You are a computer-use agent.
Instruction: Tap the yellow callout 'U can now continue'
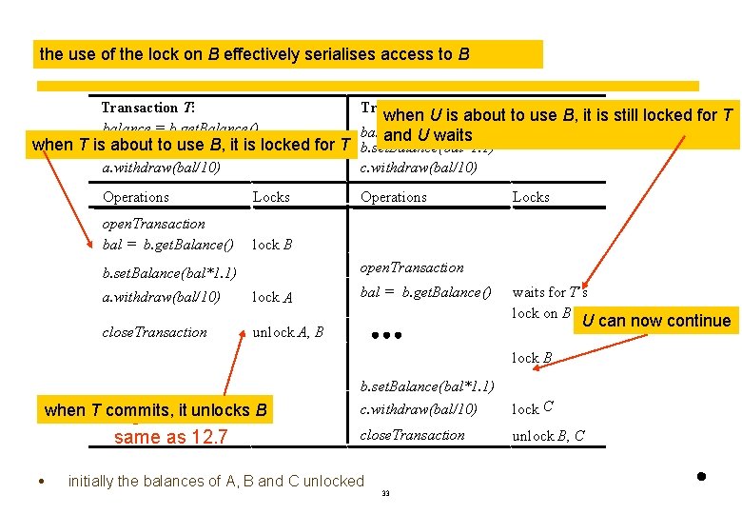[x=656, y=321]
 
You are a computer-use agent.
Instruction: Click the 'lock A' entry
[x=272, y=298]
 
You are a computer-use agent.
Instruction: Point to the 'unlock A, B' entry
[x=287, y=332]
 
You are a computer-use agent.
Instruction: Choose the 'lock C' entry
[x=534, y=408]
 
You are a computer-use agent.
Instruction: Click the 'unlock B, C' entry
[x=548, y=436]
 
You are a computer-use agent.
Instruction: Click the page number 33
[x=385, y=493]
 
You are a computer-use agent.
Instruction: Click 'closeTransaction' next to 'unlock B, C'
[x=413, y=435]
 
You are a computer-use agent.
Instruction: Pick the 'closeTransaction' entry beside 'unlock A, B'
[x=154, y=332]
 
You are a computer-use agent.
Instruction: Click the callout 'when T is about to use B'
[x=191, y=146]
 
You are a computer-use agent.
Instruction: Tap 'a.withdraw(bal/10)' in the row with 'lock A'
[x=161, y=297]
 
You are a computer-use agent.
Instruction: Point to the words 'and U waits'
[x=428, y=135]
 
